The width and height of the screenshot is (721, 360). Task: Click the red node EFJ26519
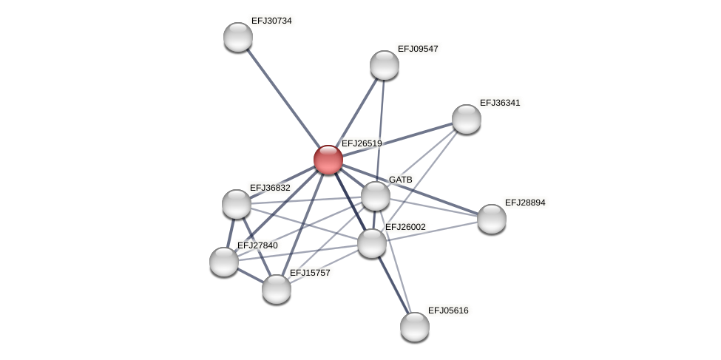(328, 160)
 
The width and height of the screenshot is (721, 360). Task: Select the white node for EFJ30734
(238, 37)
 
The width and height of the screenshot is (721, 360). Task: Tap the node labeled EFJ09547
(385, 65)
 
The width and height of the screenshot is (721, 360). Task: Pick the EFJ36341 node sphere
(467, 119)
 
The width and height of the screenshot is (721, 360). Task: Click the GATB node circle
(376, 196)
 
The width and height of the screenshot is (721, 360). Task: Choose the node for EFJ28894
(492, 219)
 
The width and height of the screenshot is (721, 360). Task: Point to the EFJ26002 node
(372, 243)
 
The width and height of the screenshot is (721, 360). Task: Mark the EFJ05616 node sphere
(415, 327)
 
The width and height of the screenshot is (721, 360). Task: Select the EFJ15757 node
(277, 289)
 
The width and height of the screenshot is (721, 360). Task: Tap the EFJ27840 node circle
(224, 262)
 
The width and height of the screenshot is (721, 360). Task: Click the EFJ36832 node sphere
(237, 204)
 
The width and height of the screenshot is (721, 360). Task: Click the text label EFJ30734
(271, 21)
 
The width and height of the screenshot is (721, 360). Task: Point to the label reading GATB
(401, 180)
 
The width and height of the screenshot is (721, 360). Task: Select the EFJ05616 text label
(448, 310)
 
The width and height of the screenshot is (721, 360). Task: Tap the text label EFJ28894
(525, 203)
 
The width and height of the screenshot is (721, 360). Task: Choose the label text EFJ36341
(500, 103)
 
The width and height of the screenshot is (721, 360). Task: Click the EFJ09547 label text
(418, 49)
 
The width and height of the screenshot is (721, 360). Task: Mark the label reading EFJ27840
(257, 245)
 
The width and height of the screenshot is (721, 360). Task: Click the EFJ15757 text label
(310, 273)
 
